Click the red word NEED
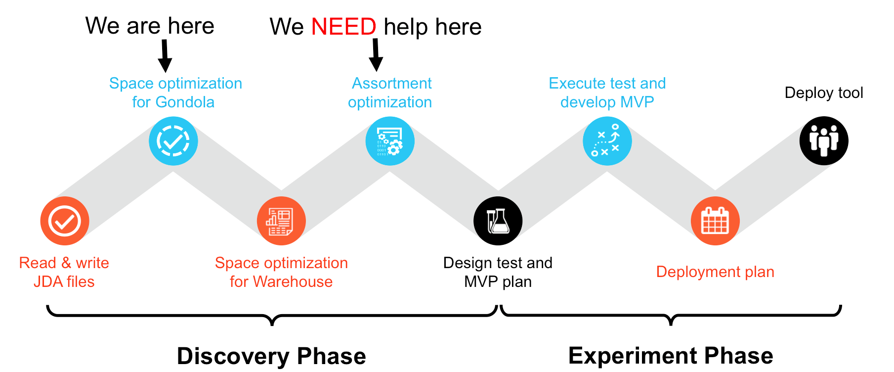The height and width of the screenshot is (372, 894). [x=344, y=26]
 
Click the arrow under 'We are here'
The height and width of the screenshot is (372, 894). [x=165, y=56]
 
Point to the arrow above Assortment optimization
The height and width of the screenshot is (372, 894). [x=376, y=55]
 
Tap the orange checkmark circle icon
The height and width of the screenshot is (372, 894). [x=65, y=221]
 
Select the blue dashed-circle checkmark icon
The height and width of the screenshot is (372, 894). [x=173, y=141]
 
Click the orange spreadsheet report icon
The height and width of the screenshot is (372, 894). [x=281, y=221]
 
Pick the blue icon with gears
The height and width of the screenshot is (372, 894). [x=390, y=141]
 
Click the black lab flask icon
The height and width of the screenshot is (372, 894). [x=498, y=221]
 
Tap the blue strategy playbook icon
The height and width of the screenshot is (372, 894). [x=607, y=141]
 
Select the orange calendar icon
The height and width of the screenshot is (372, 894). [x=715, y=221]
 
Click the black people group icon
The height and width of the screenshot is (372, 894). [x=824, y=141]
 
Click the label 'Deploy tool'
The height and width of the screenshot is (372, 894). [x=824, y=93]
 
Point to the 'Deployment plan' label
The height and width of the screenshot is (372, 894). [x=715, y=272]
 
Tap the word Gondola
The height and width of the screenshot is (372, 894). [x=185, y=102]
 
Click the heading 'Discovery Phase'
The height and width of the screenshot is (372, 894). [x=271, y=356]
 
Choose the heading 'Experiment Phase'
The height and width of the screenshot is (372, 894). [x=671, y=356]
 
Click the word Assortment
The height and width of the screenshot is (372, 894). [x=392, y=84]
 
